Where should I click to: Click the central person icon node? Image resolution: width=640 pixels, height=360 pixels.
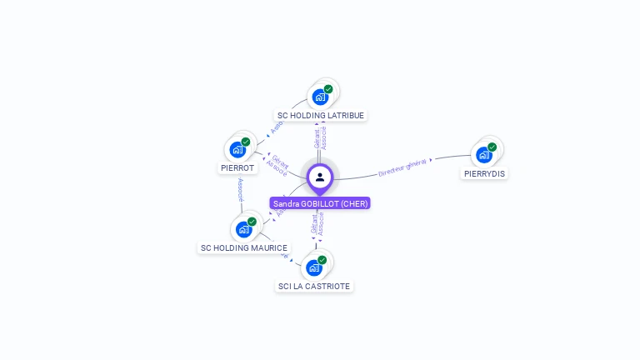pos(320,177)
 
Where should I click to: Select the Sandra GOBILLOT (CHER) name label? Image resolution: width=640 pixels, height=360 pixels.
pos(320,203)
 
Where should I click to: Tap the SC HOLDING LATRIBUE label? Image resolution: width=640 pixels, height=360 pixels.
pos(321,115)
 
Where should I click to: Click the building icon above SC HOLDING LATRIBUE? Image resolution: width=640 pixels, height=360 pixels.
pos(320,97)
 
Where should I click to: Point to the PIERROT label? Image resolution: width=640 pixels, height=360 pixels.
pos(237,167)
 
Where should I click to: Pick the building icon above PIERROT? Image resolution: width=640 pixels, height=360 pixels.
pos(237,150)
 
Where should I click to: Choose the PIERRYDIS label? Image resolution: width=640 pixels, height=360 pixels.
pos(484,173)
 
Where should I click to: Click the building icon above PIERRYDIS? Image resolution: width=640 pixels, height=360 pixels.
pos(483,155)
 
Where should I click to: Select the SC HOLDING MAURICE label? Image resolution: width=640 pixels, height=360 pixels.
pos(244,247)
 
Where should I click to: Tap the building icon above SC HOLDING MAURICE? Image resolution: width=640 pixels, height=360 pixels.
pos(243,229)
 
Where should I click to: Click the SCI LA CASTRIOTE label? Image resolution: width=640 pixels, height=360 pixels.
pos(314,286)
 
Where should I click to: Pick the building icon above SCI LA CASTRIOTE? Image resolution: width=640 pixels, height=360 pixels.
pos(314,267)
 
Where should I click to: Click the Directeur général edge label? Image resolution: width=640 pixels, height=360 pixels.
pos(402,167)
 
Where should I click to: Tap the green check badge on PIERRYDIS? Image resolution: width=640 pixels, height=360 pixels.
pos(492,147)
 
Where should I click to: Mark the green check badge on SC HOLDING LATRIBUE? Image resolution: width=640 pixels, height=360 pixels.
pos(328,89)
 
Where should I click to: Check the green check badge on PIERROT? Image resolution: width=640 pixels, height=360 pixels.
pos(246,142)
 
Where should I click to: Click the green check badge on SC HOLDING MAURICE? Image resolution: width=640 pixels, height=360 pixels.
pos(252,222)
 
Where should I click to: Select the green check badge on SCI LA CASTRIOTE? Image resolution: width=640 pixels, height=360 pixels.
pos(322,260)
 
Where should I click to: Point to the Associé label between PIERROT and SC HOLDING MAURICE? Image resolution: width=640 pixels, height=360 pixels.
pos(240,190)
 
